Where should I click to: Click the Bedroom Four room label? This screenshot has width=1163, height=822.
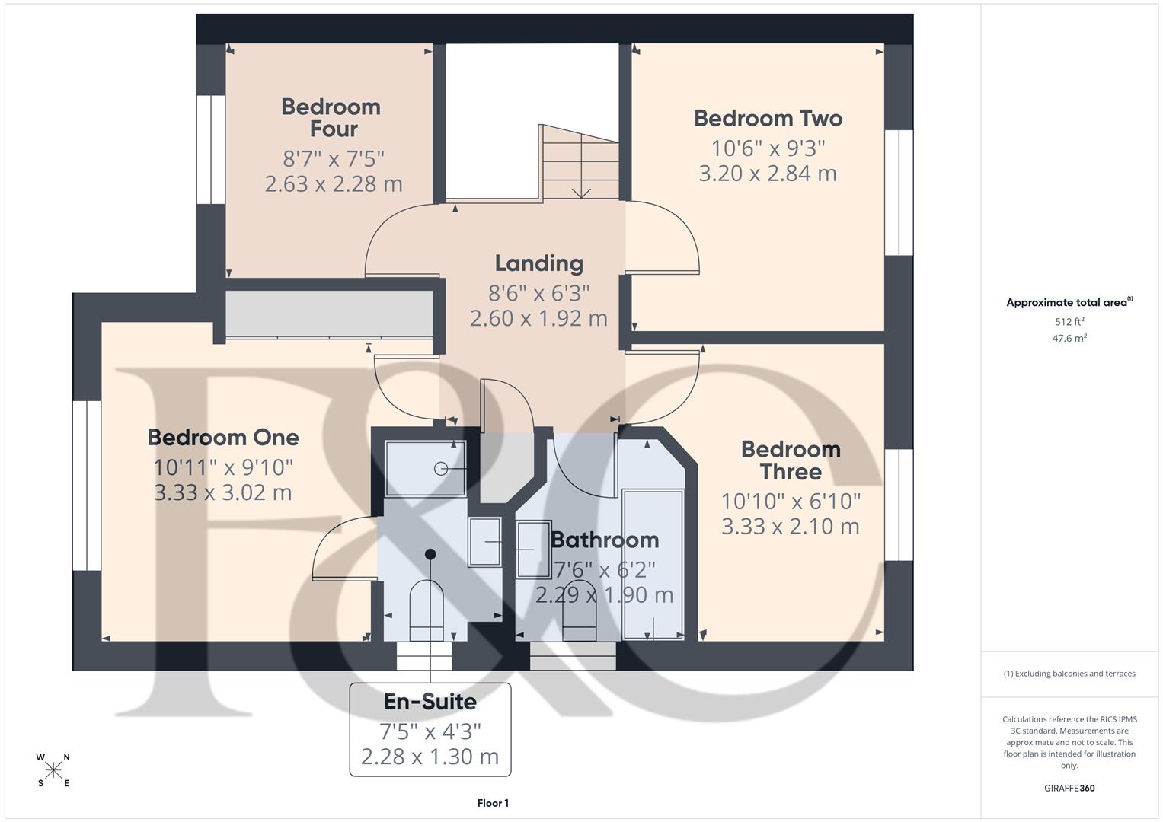coord(331,118)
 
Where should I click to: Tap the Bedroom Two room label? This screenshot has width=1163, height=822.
coord(768,119)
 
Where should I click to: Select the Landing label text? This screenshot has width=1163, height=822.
coord(539,263)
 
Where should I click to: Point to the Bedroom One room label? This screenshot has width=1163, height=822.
coord(223,438)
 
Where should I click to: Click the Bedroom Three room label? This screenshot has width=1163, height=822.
coord(791,460)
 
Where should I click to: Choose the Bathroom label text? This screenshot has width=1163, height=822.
coord(605,540)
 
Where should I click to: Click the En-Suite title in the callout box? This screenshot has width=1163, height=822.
coord(430,702)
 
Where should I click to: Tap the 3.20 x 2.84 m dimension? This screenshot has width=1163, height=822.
coord(768,174)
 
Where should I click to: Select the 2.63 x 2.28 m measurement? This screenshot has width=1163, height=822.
coord(334,184)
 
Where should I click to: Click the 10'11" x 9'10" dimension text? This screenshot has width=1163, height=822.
coord(223,467)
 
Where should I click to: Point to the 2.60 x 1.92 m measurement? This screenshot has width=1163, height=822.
coord(539,318)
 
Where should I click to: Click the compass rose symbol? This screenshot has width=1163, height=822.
coord(53,770)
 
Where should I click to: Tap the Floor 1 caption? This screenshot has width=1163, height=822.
coord(493,803)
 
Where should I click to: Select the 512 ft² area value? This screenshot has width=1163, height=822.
coord(1069,322)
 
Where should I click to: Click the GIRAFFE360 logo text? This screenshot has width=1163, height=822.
coord(1069,788)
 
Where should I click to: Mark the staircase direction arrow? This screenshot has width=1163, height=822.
coord(581,183)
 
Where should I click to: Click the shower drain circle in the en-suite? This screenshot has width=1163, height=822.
coord(440,469)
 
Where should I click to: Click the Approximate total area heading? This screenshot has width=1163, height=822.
coord(1069,303)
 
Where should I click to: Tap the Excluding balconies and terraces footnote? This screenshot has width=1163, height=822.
coord(1069,674)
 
